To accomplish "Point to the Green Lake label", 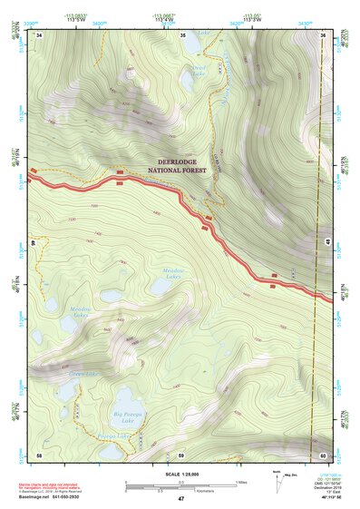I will pyautogui.click(x=83, y=373).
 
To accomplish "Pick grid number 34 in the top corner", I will pyautogui.click(x=40, y=34).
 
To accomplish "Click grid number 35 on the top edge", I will pyautogui.click(x=182, y=34).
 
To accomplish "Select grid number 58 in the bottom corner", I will pyautogui.click(x=39, y=454).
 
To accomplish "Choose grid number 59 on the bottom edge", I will pyautogui.click(x=181, y=454).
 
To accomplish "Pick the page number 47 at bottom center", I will pyautogui.click(x=180, y=500).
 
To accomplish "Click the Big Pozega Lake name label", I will pyautogui.click(x=128, y=418).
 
